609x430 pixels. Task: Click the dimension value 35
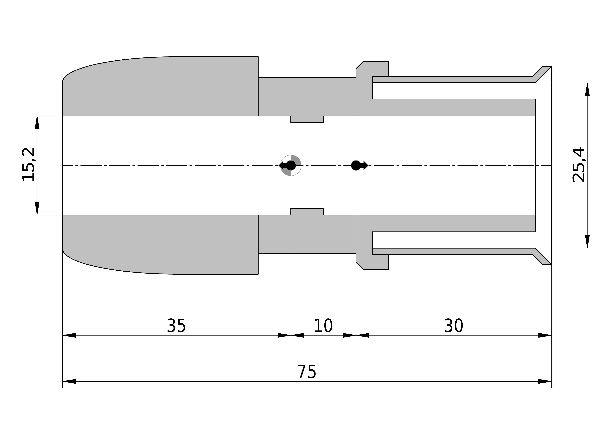coord(176,326)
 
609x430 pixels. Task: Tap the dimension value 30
coord(454,326)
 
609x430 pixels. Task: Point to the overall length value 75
coord(307,372)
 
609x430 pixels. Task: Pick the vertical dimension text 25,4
coord(578,165)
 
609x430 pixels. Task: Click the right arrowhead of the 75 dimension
coord(545,381)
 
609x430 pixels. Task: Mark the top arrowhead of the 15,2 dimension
coord(37,122)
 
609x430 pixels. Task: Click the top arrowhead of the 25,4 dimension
coord(588,89)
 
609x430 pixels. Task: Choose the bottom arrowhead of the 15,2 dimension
coord(37,208)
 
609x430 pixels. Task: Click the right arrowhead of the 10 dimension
coord(349,335)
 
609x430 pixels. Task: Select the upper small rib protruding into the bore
coord(307,119)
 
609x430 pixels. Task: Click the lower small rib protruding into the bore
coord(307,212)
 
